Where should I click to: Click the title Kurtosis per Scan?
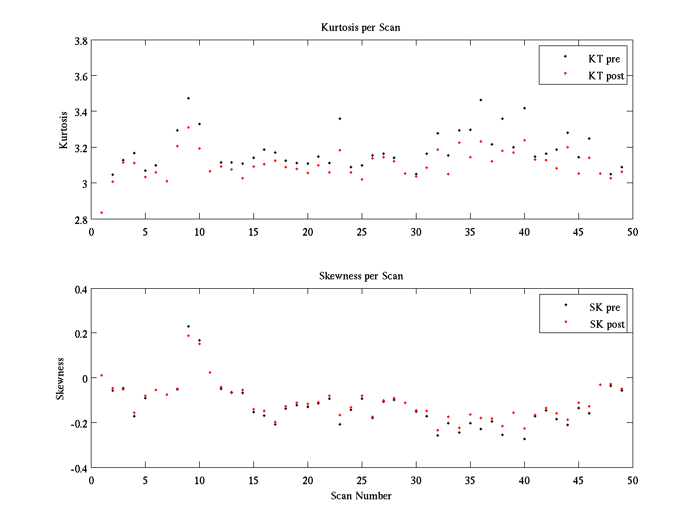pos(361,27)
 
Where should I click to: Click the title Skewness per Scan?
pos(361,276)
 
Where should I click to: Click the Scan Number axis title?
pos(361,496)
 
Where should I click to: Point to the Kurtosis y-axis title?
pos(64,129)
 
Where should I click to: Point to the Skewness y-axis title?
pos(60,379)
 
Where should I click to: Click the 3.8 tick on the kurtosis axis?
pos(81,41)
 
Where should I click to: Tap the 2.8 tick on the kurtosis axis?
pos(81,219)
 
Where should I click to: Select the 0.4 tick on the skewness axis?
pos(81,289)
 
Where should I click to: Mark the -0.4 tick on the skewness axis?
pos(79,468)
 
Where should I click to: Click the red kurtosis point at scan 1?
pos(101,212)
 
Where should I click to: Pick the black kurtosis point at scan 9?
pos(188,98)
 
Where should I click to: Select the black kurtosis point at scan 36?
pos(481,100)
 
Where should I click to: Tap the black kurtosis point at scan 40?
pos(524,108)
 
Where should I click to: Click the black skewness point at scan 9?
pos(188,326)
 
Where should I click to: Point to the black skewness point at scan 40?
pos(524,439)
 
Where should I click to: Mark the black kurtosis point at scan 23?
pos(340,118)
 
